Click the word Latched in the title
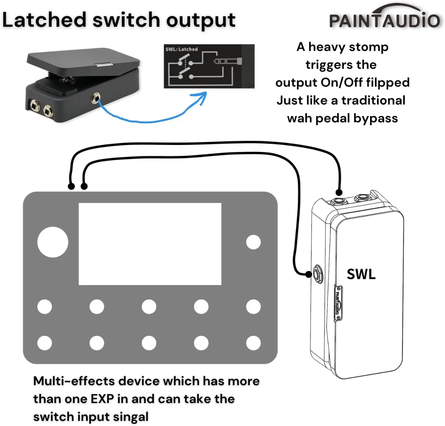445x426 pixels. click(x=44, y=20)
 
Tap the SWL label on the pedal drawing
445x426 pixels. click(x=361, y=274)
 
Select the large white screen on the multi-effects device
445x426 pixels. click(x=150, y=244)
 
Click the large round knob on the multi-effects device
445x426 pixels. click(x=53, y=242)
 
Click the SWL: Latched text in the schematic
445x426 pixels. click(x=182, y=49)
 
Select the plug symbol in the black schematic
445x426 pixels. click(x=228, y=61)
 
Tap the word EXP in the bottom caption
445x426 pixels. click(x=102, y=399)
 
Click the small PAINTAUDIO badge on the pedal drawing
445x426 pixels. click(x=338, y=303)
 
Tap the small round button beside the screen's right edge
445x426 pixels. click(x=253, y=242)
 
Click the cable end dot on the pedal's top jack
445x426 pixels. click(x=339, y=192)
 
